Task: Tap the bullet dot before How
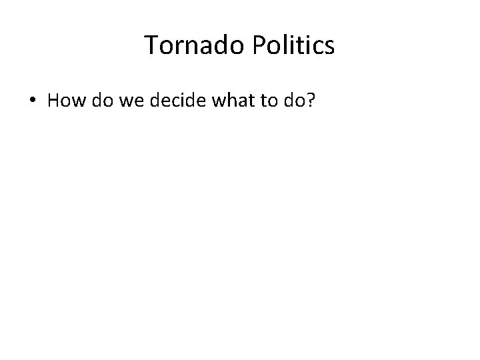tap(32, 101)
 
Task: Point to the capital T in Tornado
tap(151, 45)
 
